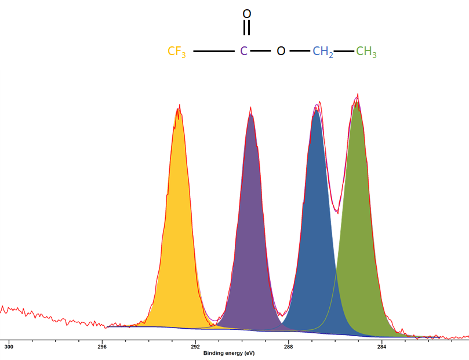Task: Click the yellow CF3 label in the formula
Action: [177, 52]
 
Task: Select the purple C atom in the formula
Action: [244, 51]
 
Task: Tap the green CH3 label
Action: [366, 52]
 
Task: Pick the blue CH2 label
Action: [323, 52]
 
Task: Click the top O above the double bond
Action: [247, 14]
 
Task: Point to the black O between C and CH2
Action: [281, 51]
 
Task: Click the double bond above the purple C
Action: [247, 27]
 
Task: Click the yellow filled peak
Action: [179, 243]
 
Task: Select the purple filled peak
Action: [251, 243]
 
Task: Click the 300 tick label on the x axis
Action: [9, 347]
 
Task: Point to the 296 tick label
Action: [102, 347]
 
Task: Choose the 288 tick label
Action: [288, 347]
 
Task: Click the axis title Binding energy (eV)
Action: [228, 353]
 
